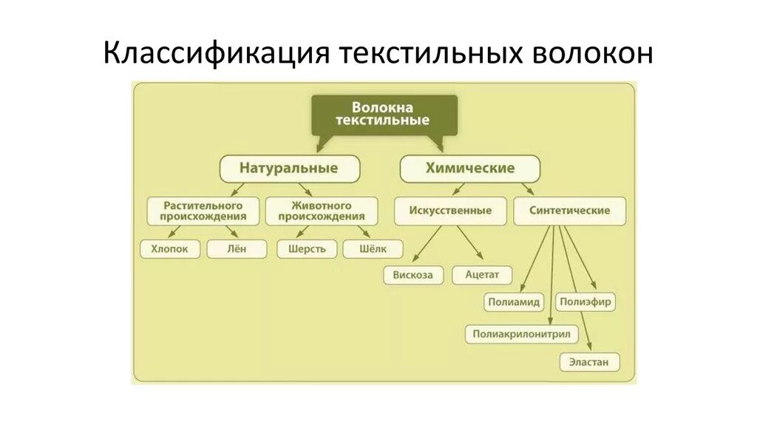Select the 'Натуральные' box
pyautogui.click(x=289, y=168)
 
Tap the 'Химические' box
pyautogui.click(x=469, y=168)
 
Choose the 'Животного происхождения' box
pyautogui.click(x=321, y=211)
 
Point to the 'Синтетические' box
pyautogui.click(x=569, y=211)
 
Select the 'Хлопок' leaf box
pyautogui.click(x=169, y=249)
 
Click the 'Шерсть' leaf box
pyautogui.click(x=307, y=249)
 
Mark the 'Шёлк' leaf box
pyautogui.click(x=373, y=249)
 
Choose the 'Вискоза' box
pyautogui.click(x=413, y=276)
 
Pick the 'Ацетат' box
pyautogui.click(x=482, y=276)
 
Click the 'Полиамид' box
pyautogui.click(x=514, y=302)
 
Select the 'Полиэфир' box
pyautogui.click(x=586, y=302)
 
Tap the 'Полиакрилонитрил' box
pyautogui.click(x=521, y=335)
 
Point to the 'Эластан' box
pyautogui.click(x=589, y=363)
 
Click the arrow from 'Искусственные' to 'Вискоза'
pyautogui.click(x=428, y=244)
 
